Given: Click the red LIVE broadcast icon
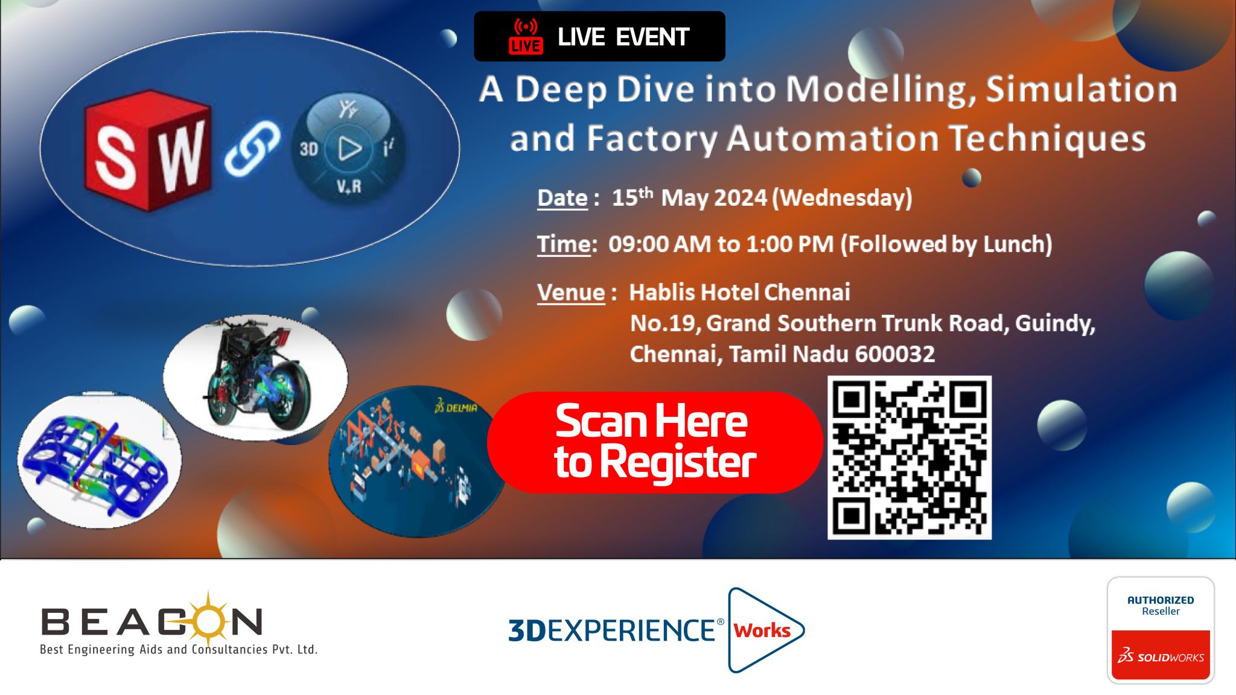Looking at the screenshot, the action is click(526, 36).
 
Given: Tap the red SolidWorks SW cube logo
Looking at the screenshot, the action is click(148, 151).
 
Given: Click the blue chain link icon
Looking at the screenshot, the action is click(252, 149).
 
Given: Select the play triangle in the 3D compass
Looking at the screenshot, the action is click(349, 148).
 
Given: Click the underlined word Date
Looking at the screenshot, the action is click(562, 198).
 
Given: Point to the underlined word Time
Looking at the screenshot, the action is click(564, 244).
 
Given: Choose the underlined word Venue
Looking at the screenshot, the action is click(571, 293).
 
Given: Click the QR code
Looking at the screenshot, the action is click(909, 457).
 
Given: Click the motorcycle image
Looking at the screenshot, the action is click(256, 377).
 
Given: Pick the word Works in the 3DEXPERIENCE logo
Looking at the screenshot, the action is click(762, 630).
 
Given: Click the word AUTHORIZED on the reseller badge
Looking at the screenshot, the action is click(1161, 600).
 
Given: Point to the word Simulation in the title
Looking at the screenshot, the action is click(1081, 89).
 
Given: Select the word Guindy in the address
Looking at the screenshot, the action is click(1055, 324).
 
